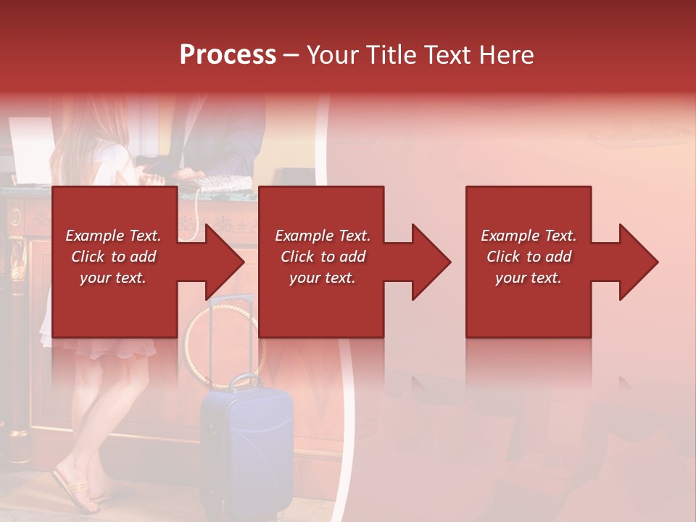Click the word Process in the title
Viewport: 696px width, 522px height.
click(x=228, y=55)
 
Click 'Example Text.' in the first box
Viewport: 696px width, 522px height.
click(x=113, y=236)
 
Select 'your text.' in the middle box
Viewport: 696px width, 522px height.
click(x=322, y=278)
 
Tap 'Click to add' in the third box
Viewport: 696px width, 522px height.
click(x=529, y=257)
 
